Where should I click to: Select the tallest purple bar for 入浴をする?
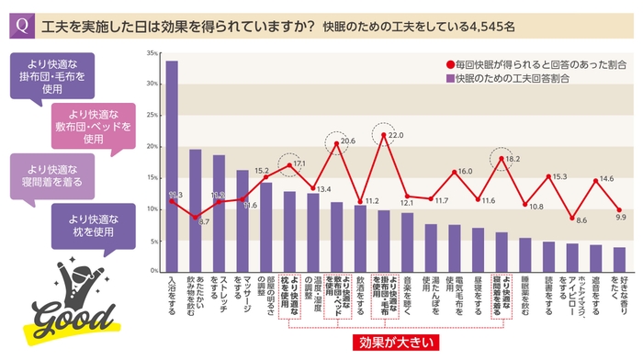[x=171, y=165]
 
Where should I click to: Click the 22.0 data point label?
[x=395, y=136]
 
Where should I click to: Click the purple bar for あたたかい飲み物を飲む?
[x=195, y=210]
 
